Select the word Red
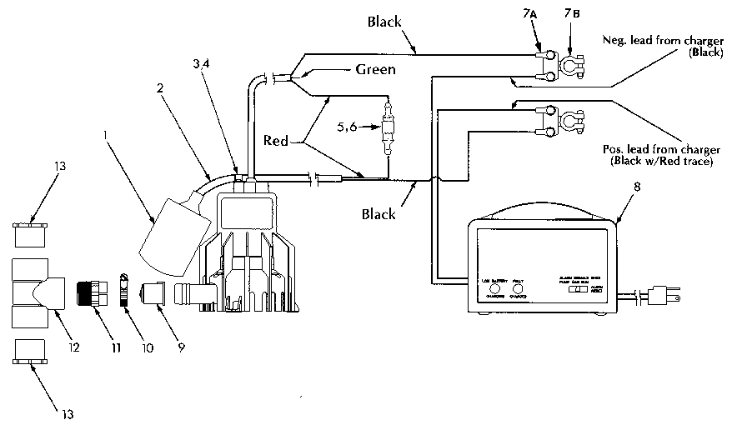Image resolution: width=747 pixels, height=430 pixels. [x=275, y=141]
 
